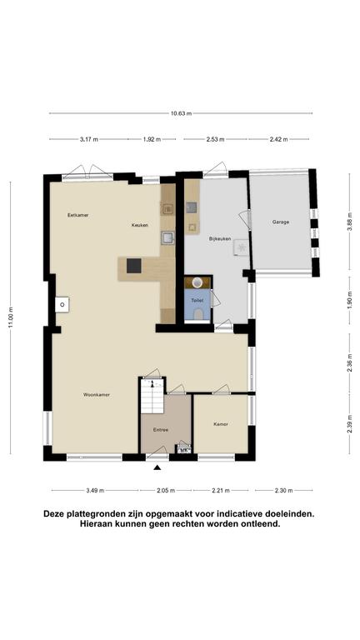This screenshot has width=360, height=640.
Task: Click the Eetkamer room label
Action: [x=78, y=215]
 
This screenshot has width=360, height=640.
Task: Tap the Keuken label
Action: [x=140, y=225]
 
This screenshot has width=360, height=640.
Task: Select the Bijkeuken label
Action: [x=220, y=239]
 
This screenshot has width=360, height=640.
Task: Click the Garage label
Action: [x=281, y=222]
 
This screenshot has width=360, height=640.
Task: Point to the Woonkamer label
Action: [x=97, y=395]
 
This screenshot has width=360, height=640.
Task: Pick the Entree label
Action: [x=161, y=430]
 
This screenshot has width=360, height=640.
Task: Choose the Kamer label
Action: [x=220, y=424]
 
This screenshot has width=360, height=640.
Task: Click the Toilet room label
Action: [x=197, y=300]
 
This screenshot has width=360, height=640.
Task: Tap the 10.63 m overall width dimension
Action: [x=181, y=113]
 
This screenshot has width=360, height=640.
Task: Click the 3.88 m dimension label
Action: [x=349, y=222]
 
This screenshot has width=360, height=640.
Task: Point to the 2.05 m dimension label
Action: [x=166, y=491]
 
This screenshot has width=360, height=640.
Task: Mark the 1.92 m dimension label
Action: [x=152, y=139]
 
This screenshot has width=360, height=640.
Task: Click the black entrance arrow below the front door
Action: [x=157, y=467]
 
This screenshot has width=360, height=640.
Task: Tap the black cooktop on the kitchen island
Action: [x=134, y=266]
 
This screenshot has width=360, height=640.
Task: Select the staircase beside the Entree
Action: [x=152, y=396]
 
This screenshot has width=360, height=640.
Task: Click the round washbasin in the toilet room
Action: [x=197, y=282]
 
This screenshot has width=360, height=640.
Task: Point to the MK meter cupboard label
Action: [x=183, y=451]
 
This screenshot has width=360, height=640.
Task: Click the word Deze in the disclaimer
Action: [x=53, y=514]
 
